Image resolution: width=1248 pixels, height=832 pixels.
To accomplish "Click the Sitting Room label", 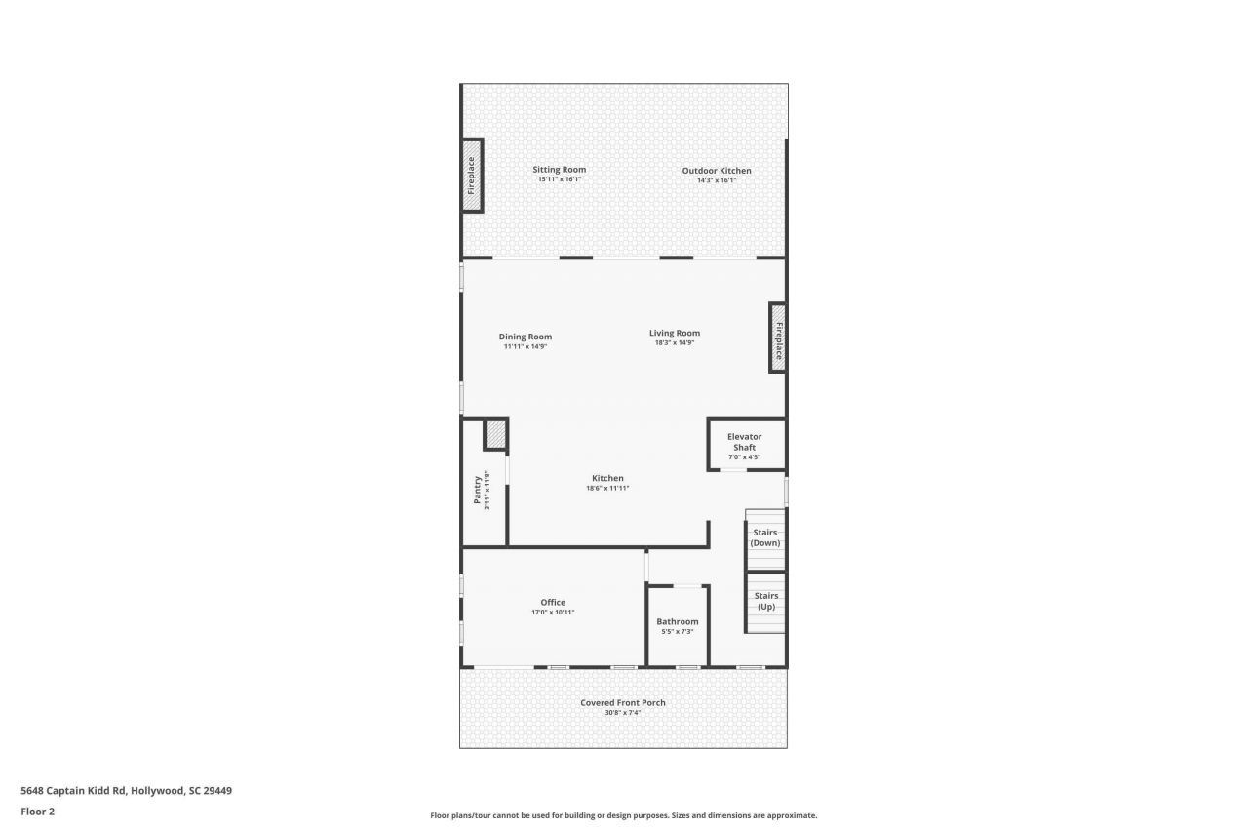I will pos(559,170).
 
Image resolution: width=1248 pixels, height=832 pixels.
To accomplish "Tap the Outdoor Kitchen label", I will pos(717,171).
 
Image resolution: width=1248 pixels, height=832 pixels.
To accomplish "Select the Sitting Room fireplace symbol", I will pos(472,177).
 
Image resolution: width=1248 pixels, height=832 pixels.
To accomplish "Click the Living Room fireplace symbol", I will pos(778,337).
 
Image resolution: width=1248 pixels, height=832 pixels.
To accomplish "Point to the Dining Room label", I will pos(526,337).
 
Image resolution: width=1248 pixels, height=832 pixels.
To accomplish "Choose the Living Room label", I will pos(675,333).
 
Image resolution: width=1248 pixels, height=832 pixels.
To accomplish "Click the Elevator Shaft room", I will pos(745,444).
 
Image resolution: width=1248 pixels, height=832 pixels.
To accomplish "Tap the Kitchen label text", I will pos(607,478).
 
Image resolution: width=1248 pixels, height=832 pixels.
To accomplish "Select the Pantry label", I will pos(478,488).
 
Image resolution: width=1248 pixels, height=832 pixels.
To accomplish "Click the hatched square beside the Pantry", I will pos(495,434).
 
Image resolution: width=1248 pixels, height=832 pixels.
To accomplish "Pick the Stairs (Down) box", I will pos(765,538).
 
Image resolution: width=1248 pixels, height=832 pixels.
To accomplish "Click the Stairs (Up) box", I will pos(765,602).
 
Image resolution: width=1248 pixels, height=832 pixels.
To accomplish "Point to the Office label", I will pos(553,602).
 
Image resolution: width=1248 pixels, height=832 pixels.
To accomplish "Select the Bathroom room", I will pos(678,625).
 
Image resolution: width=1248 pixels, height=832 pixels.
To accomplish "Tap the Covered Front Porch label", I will pos(623,702).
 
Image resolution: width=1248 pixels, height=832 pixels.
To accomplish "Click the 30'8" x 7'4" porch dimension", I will pos(623,713).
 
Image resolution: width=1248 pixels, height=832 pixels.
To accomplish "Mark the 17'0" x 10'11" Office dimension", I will pos(553,613).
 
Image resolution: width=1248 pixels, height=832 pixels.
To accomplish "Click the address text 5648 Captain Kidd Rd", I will pos(126,791).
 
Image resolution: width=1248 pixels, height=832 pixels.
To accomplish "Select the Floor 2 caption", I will pos(37,811).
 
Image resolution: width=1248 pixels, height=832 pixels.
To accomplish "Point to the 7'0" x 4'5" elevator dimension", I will pos(744,456).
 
